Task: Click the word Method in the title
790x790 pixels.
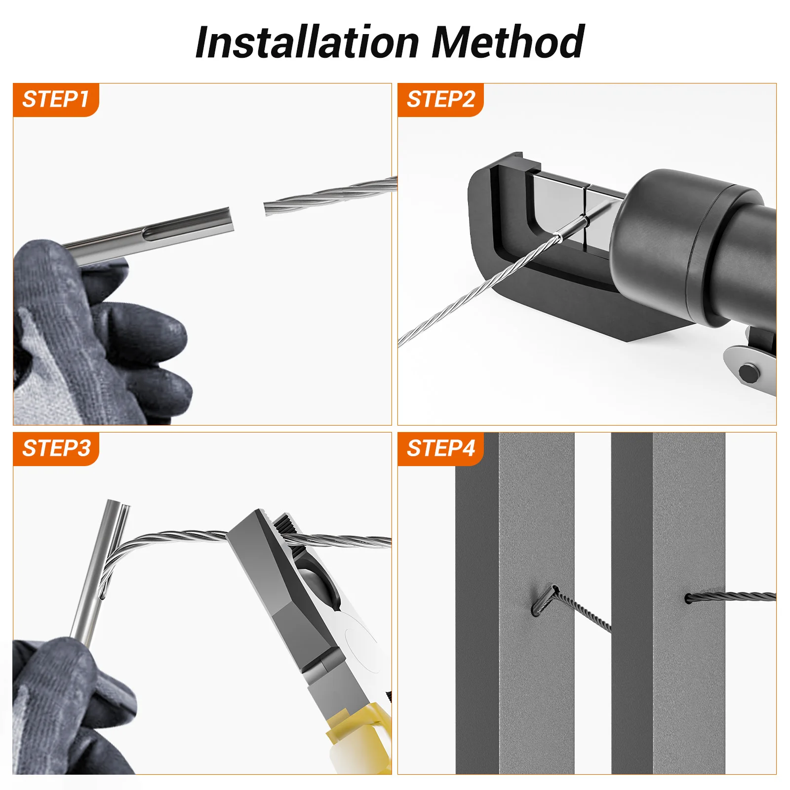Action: point(508,42)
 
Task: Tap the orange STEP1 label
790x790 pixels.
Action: point(56,100)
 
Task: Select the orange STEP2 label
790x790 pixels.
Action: point(440,100)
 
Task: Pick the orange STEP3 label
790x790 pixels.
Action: point(56,449)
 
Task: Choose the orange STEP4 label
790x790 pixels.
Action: point(440,449)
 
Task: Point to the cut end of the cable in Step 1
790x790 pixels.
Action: point(266,208)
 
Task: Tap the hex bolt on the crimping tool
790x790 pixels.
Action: point(748,373)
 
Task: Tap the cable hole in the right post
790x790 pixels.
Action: point(688,599)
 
